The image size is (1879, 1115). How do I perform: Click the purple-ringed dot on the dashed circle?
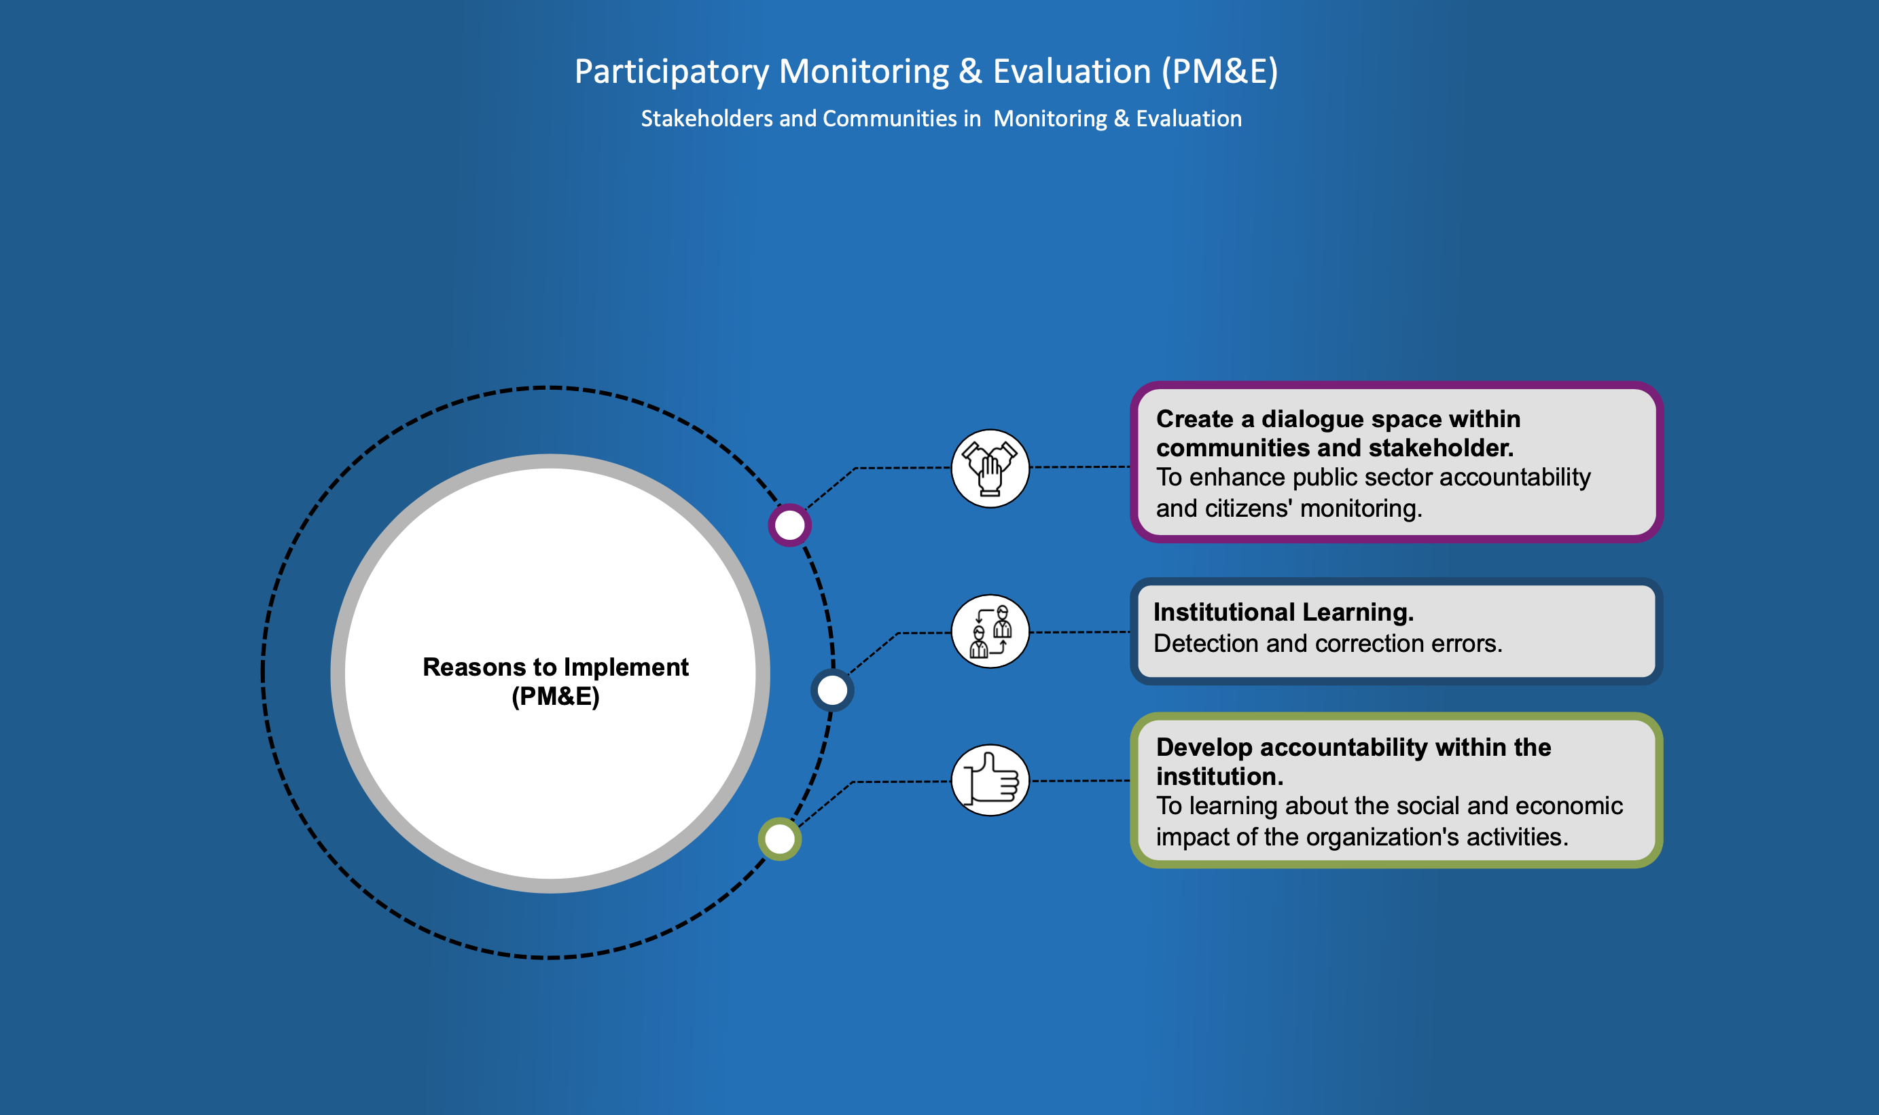(x=789, y=524)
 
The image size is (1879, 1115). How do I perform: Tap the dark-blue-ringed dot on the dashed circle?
(x=832, y=690)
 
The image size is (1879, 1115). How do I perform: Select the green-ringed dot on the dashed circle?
(x=779, y=839)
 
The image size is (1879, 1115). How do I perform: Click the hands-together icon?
(x=990, y=469)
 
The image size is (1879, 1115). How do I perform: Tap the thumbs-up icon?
(x=990, y=780)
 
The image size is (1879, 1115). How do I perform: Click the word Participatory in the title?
(x=672, y=72)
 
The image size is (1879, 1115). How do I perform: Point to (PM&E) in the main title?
(x=1219, y=72)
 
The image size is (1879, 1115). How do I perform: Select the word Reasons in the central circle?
(x=474, y=668)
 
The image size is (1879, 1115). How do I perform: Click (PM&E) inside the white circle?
(x=556, y=697)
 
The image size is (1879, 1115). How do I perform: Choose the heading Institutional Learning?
(x=1283, y=613)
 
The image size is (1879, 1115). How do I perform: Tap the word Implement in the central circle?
(x=626, y=668)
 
